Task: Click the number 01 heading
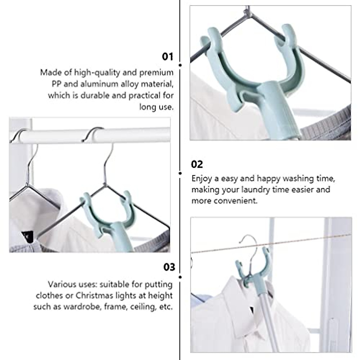coord(167,57)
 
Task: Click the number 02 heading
coord(197,164)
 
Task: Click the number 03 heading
coord(169,267)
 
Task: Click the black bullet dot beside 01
coord(180,65)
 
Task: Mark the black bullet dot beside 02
coord(180,173)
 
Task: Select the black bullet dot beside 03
coord(180,277)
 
